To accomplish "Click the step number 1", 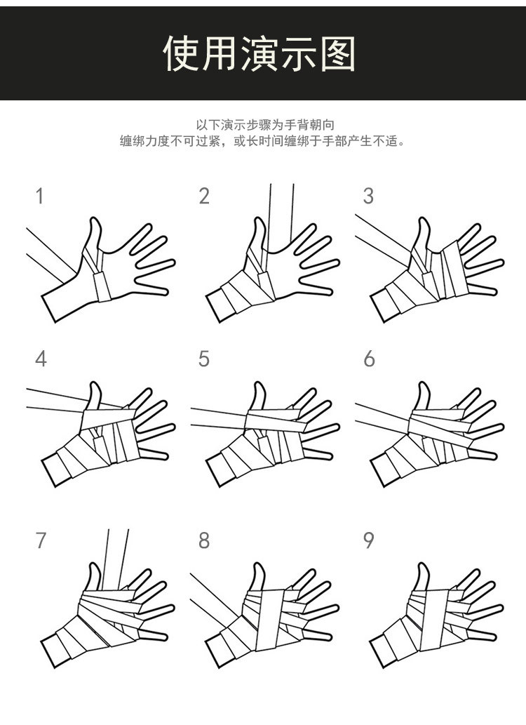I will tap(40, 196).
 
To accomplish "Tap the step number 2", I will tap(204, 196).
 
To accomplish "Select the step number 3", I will tap(368, 196).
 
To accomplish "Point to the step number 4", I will tap(41, 359).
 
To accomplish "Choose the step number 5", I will tap(204, 359).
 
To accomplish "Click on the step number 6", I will tap(369, 359).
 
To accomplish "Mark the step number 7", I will tap(41, 540).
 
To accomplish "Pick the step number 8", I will tap(204, 540).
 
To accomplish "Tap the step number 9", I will tap(369, 540).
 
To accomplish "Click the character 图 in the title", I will tap(339, 53).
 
